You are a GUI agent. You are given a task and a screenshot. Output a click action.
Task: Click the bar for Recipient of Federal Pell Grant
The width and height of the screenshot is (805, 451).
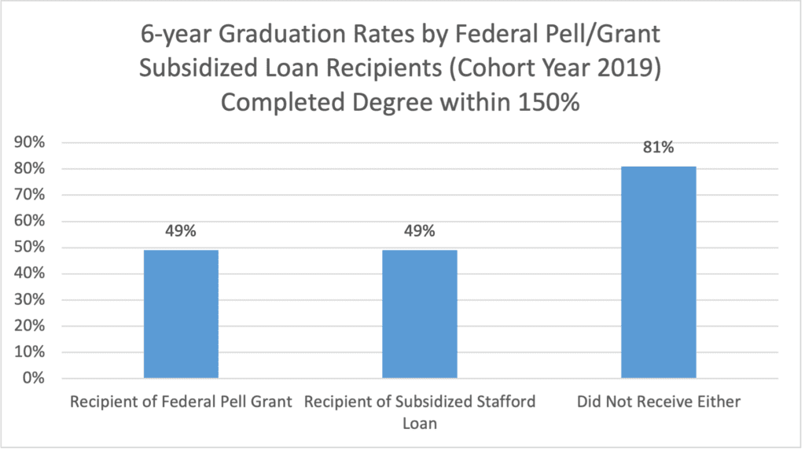click(181, 313)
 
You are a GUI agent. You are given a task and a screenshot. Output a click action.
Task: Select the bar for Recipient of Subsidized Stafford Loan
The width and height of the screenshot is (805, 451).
click(420, 313)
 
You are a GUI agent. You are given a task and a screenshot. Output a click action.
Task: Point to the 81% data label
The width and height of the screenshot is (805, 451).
click(659, 148)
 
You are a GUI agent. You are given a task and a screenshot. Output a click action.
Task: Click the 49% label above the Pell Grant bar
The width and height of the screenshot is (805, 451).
click(181, 232)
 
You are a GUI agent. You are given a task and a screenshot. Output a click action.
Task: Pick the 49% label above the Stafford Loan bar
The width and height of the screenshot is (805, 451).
click(420, 232)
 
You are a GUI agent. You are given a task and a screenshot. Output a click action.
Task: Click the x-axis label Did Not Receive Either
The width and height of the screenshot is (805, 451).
click(659, 402)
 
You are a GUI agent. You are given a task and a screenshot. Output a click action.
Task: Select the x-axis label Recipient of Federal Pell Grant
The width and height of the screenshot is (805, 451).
click(181, 402)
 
